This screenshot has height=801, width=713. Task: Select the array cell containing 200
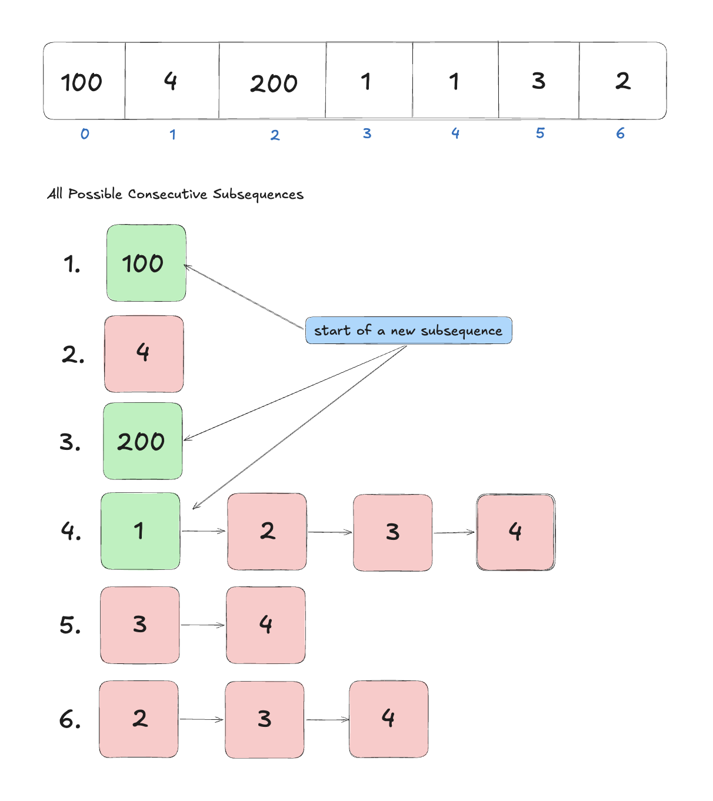(x=273, y=81)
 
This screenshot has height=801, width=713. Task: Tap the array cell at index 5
(x=539, y=81)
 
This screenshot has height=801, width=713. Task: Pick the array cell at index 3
(x=369, y=81)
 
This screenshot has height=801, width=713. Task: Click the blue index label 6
(x=620, y=133)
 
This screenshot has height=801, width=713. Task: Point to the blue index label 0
(x=85, y=134)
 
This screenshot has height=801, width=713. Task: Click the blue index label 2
(x=275, y=135)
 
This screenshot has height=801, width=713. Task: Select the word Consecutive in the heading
(x=168, y=194)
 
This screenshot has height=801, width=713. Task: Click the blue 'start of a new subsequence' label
(x=408, y=331)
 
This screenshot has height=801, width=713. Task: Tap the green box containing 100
(x=146, y=263)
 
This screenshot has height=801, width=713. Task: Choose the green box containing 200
(x=143, y=441)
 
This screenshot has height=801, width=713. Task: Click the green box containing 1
(x=141, y=531)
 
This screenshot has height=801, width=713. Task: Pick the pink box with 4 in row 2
(x=144, y=354)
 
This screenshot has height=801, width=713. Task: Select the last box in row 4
(x=515, y=532)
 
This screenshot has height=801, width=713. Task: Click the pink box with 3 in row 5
(x=140, y=625)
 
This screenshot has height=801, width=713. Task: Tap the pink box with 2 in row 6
(x=139, y=719)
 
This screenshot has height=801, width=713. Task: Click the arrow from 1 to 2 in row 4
(x=204, y=531)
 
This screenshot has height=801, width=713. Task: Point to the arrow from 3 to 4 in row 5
(x=203, y=625)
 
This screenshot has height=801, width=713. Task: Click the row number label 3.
(x=70, y=442)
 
